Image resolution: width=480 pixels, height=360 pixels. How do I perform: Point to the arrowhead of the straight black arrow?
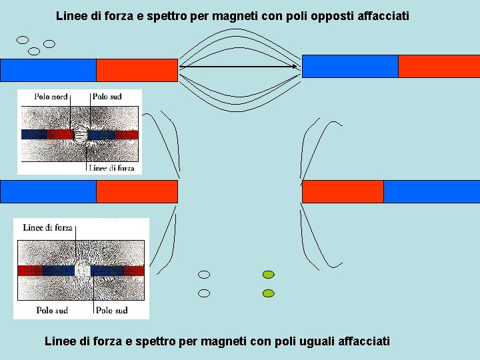tap(295, 66)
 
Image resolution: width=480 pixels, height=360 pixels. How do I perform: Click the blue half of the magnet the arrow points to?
tap(350, 66)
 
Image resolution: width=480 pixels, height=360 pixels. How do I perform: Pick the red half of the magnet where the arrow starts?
tap(137, 70)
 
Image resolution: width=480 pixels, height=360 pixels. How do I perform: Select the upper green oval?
tap(269, 275)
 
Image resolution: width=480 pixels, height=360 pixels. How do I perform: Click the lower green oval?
tap(269, 293)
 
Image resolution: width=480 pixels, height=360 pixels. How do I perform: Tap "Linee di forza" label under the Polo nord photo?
tap(111, 169)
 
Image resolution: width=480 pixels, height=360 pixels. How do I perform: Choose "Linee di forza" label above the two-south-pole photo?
tap(48, 227)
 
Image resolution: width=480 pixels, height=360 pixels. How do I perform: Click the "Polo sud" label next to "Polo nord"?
tap(107, 97)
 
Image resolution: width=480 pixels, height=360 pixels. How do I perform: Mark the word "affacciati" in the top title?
tap(381, 15)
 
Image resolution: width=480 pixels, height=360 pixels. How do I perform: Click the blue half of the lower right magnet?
tap(431, 191)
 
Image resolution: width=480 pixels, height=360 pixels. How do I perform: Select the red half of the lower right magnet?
tap(343, 191)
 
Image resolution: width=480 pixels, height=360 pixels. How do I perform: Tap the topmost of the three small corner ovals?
tap(23, 39)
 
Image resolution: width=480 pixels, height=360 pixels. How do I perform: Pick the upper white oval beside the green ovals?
tap(205, 275)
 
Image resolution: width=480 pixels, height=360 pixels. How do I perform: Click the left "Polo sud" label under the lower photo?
tap(52, 311)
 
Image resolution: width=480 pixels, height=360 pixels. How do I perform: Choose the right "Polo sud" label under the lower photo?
tap(112, 311)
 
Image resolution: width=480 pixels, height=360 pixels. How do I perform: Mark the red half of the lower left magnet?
tap(137, 191)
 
